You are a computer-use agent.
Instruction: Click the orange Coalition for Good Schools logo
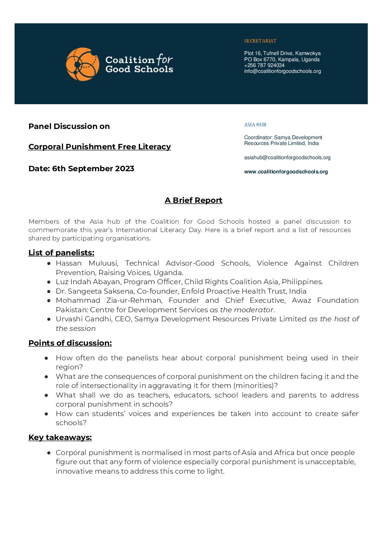tap(83, 64)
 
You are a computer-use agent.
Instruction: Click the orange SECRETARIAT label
tap(260, 41)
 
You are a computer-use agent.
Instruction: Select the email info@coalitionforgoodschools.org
tap(282, 71)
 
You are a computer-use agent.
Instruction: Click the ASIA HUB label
tap(255, 125)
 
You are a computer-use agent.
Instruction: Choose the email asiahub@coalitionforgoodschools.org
tap(287, 157)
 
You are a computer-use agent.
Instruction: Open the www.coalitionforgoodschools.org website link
tap(286, 172)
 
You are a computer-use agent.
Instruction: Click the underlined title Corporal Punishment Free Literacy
tap(100, 146)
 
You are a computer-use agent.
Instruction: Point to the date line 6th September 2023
tap(81, 168)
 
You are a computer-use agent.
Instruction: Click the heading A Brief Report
tap(193, 200)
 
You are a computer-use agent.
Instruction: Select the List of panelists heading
tap(61, 252)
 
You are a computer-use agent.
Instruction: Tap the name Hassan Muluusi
tap(87, 263)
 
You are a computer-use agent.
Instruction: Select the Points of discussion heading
tap(70, 343)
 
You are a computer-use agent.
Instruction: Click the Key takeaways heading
tap(60, 437)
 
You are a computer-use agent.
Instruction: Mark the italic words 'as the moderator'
tap(241, 310)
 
